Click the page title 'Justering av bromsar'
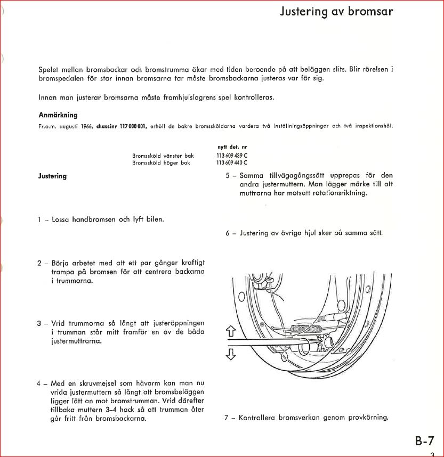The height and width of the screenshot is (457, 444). tap(337, 12)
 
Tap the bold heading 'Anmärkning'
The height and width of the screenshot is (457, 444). tap(58, 115)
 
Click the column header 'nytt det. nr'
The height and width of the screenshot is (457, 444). tap(232, 146)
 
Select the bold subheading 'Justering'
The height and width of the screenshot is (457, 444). tap(53, 176)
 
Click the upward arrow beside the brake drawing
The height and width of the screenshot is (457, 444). tap(231, 332)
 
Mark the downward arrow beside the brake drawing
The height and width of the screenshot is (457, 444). tap(231, 354)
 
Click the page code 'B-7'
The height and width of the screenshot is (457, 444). tap(425, 441)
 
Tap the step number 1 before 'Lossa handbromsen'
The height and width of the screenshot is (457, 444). tap(39, 219)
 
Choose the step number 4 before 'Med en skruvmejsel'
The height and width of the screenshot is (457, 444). tap(39, 383)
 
